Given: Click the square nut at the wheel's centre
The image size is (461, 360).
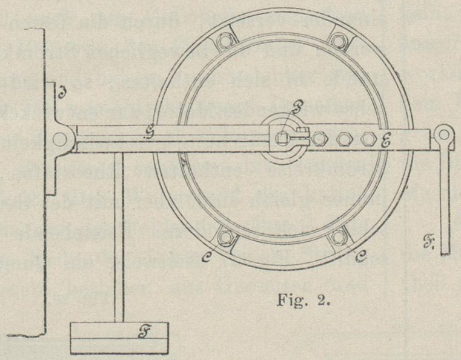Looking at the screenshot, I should [279, 139].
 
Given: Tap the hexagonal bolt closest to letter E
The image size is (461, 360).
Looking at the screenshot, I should [367, 139].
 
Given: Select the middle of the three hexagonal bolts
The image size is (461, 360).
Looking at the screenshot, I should [344, 139].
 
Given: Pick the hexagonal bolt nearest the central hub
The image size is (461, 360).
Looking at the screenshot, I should [320, 139].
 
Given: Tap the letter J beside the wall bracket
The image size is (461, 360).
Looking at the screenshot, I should [61, 93].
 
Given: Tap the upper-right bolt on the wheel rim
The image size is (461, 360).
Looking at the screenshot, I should [337, 41].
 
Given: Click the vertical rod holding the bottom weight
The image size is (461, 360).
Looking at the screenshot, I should [119, 236].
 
